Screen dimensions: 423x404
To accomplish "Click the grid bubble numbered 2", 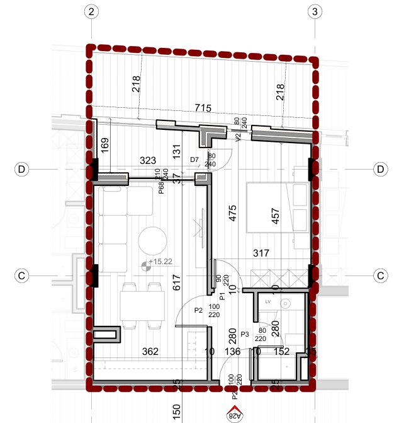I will [x=92, y=11].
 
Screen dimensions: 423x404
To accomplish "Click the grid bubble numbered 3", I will [x=315, y=11].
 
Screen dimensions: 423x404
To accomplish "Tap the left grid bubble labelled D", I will [x=22, y=170].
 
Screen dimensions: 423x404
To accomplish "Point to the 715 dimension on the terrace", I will [x=202, y=108].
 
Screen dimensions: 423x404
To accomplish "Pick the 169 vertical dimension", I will [x=105, y=147].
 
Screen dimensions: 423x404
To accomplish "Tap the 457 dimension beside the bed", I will [x=274, y=216].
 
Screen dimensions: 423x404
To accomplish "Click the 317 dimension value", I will [x=261, y=253].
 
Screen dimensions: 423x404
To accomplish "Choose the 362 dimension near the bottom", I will [x=150, y=351].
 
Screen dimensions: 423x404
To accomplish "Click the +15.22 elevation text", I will [x=160, y=261].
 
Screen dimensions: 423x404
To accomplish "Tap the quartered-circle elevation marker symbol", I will [x=146, y=266].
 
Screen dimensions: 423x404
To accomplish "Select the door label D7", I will [x=194, y=159].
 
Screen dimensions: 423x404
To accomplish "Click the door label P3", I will [x=245, y=334].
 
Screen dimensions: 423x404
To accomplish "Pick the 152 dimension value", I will [x=282, y=351].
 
